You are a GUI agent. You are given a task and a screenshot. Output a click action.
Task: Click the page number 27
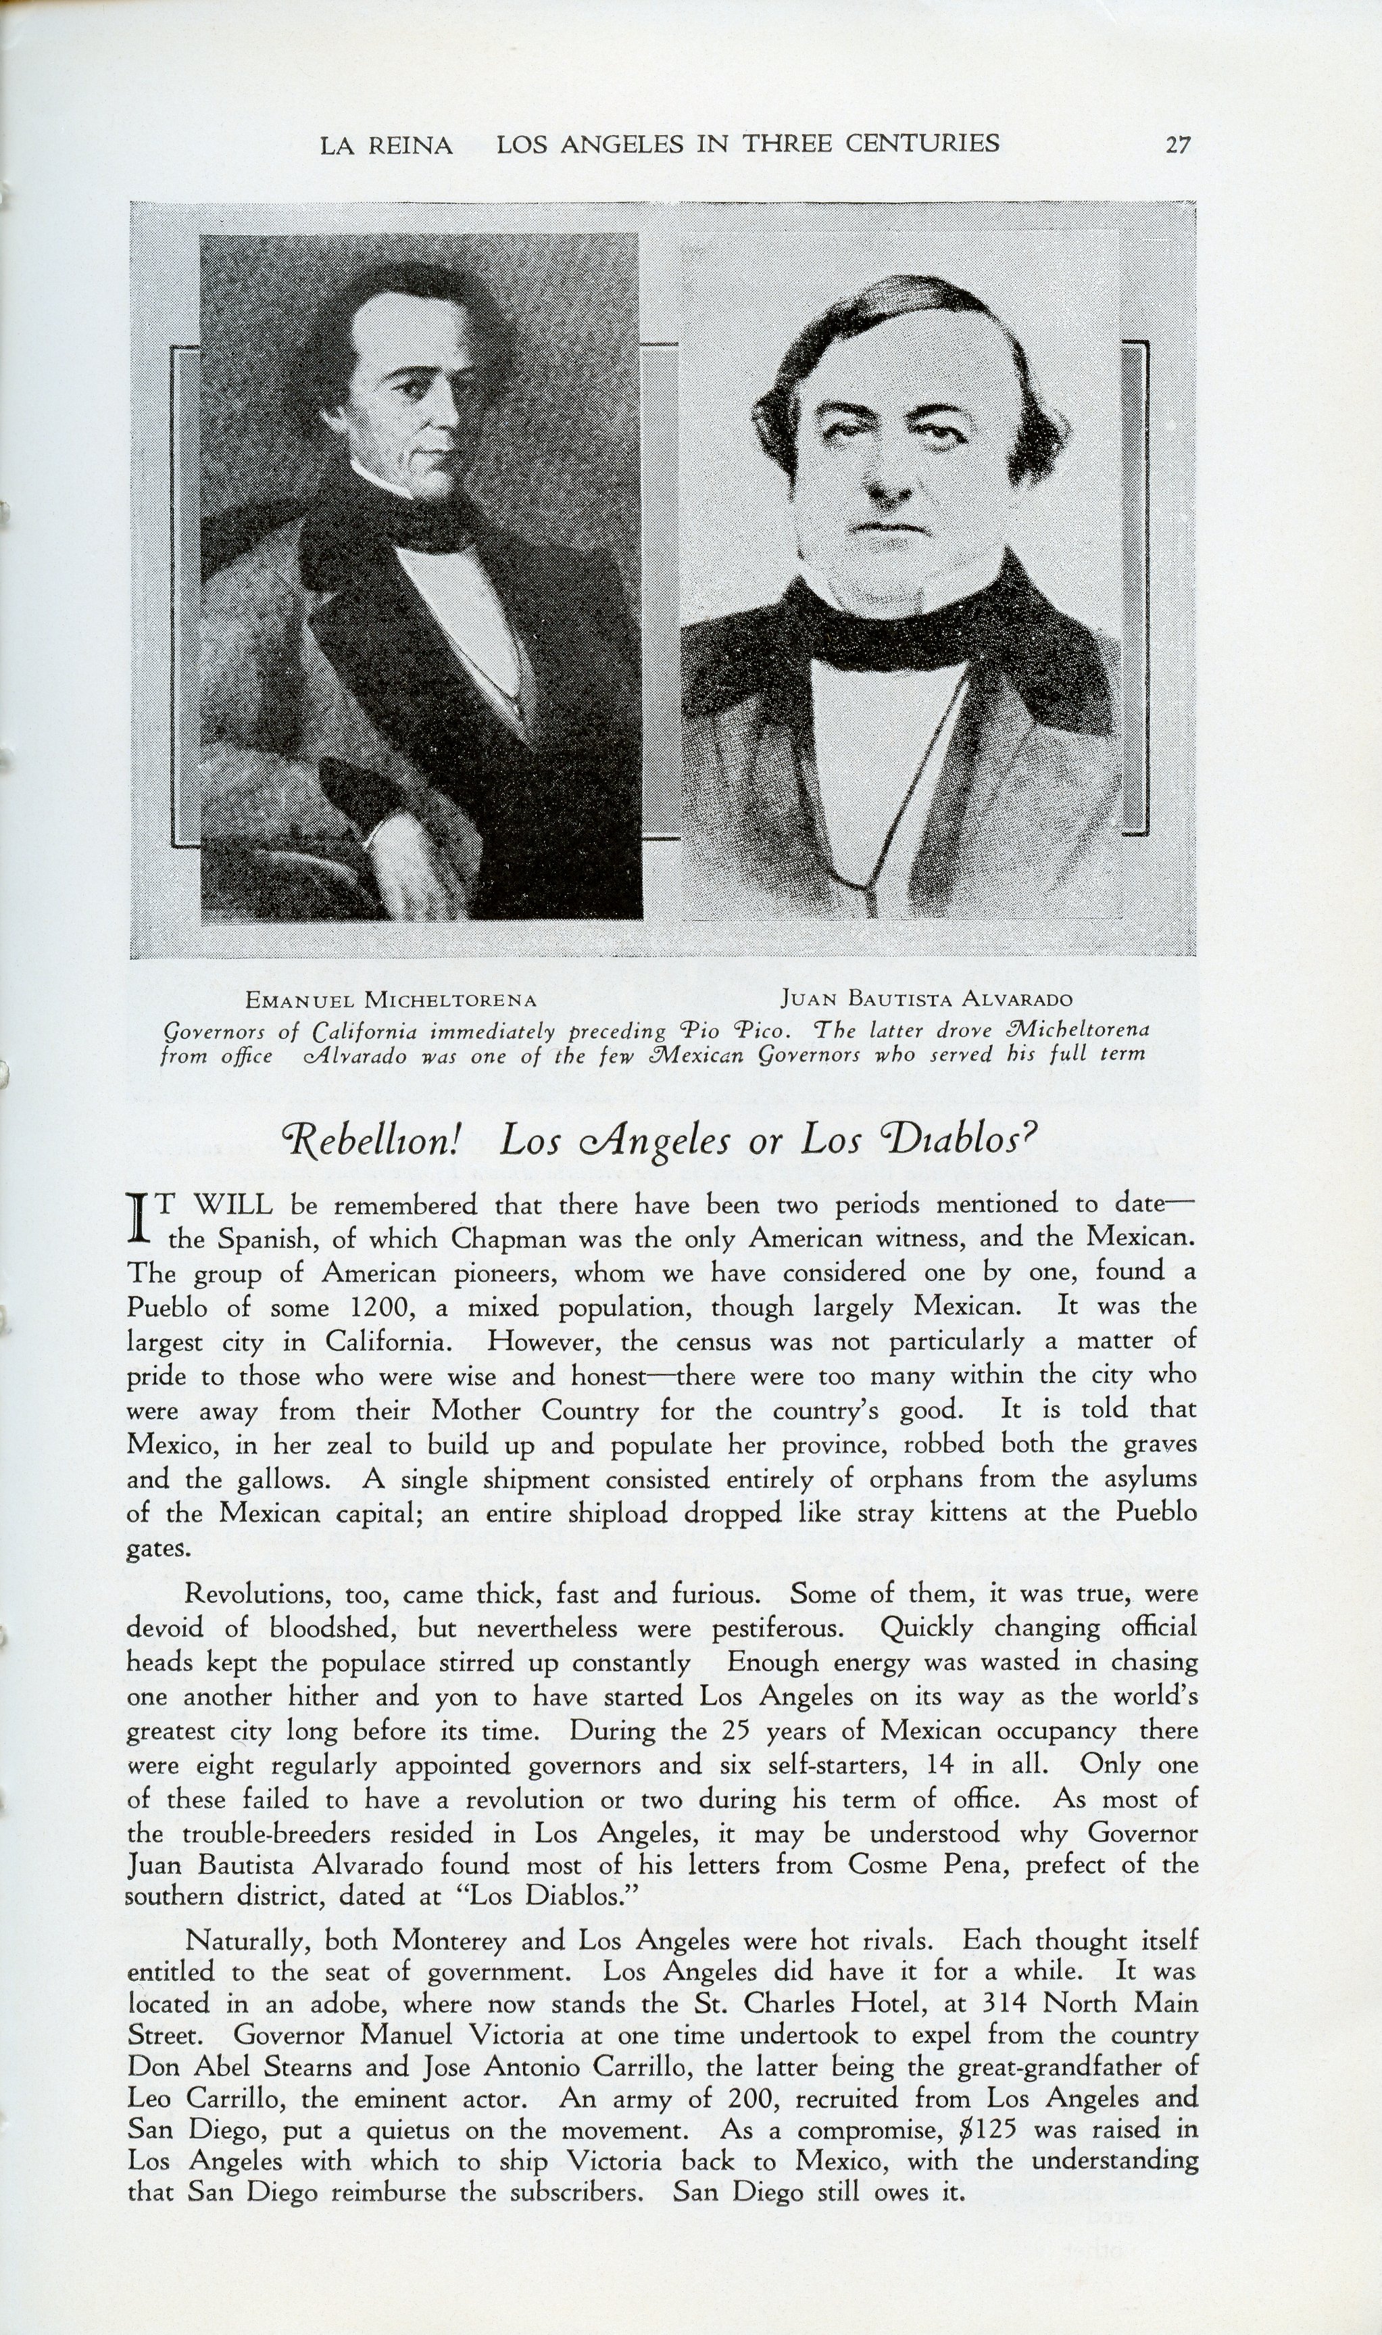point(1177,145)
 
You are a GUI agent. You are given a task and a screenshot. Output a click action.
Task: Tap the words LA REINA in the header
point(386,145)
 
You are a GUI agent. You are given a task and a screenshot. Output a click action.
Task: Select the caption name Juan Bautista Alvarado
point(927,999)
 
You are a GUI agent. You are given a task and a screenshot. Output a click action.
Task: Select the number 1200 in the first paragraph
point(381,1307)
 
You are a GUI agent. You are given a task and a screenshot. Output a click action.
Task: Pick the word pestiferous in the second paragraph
point(778,1629)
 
